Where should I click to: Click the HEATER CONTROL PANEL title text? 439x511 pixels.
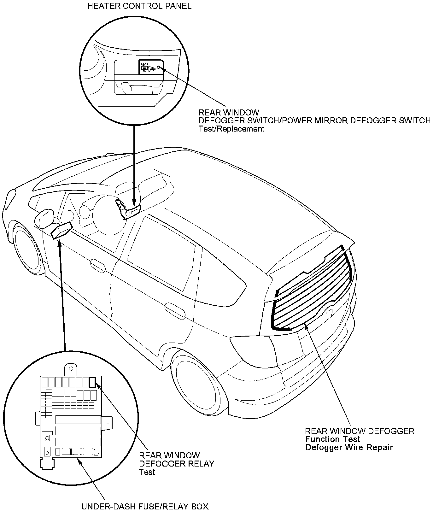coord(139,6)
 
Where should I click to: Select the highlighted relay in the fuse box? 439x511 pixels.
coord(92,382)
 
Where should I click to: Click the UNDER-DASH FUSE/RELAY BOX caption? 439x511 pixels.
coord(145,507)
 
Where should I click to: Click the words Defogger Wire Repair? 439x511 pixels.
coord(349,447)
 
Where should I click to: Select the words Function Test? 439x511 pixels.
coord(332,439)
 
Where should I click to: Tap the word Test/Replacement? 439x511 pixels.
coord(231,129)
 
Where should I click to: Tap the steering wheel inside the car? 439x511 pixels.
coord(107,218)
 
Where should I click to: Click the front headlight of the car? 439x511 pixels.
coord(9,198)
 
